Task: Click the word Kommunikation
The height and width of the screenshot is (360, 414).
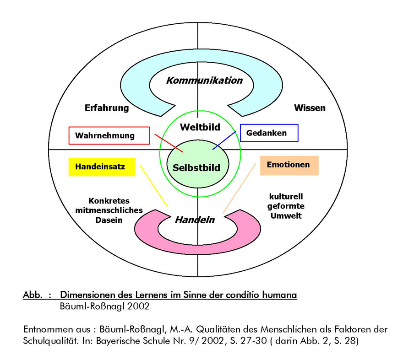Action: tap(204, 80)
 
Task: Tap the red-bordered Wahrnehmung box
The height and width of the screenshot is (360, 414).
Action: tap(109, 135)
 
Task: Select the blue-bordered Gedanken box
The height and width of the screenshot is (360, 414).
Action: tap(269, 133)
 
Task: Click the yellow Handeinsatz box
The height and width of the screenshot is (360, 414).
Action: tap(102, 167)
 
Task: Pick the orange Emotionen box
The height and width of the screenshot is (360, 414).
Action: tap(289, 166)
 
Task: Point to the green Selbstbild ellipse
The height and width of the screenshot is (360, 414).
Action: tap(198, 164)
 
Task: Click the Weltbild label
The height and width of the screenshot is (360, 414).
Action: tap(200, 127)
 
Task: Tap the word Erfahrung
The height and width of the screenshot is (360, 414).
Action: tap(107, 108)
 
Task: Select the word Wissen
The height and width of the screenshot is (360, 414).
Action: tap(310, 107)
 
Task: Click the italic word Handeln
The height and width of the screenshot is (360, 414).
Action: tap(195, 220)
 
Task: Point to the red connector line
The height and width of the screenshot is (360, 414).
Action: tap(169, 143)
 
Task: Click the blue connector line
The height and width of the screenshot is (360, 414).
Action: tap(224, 140)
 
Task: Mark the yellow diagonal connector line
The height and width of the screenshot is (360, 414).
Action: tap(154, 186)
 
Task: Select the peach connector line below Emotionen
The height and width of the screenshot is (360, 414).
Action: tap(240, 188)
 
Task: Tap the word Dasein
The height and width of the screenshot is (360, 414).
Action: tap(109, 220)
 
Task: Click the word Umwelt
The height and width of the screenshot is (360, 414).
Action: tap(286, 216)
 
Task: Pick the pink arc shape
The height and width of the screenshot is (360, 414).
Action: tap(197, 248)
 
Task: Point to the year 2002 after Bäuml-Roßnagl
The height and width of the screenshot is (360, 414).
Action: tap(138, 306)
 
